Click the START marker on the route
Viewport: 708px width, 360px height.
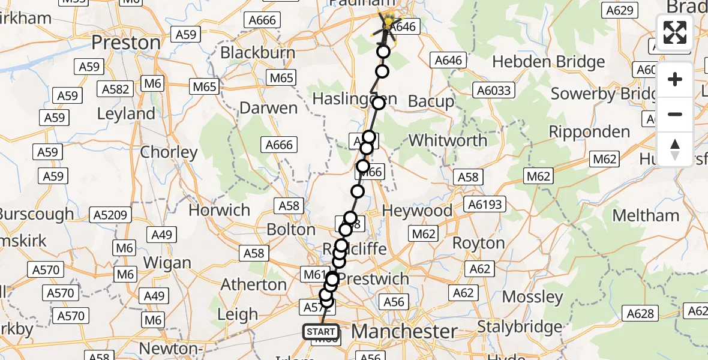point(321,332)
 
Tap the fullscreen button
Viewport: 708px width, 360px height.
point(675,32)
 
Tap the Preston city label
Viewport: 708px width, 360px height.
point(127,43)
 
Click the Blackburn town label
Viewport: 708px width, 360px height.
point(257,52)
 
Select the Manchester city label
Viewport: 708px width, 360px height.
point(404,331)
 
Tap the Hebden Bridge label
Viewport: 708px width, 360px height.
point(548,62)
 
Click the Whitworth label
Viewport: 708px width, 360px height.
point(448,140)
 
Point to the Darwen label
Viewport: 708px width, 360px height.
point(268,108)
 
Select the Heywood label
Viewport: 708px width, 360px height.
point(418,211)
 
